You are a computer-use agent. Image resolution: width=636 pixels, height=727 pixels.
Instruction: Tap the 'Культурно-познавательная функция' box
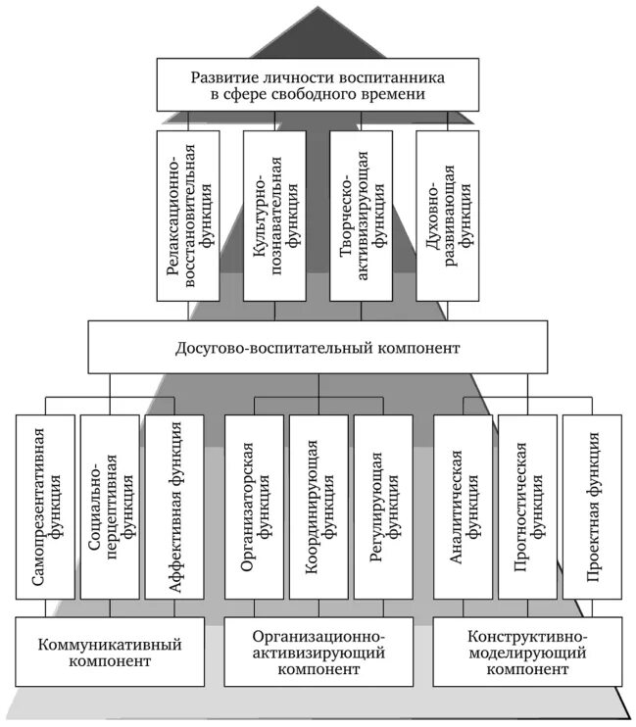(x=274, y=216)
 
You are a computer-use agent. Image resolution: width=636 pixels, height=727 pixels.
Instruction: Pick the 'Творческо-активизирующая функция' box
(x=361, y=216)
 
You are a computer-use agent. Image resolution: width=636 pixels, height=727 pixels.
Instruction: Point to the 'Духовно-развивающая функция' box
(x=447, y=216)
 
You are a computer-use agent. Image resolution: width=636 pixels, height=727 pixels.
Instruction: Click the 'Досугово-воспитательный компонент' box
(x=318, y=348)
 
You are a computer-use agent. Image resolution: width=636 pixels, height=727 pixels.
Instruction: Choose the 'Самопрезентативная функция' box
(x=45, y=507)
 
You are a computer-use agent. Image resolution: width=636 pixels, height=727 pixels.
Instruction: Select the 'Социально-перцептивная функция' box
(x=110, y=507)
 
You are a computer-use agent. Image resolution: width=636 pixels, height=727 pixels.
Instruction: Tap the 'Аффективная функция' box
(x=174, y=507)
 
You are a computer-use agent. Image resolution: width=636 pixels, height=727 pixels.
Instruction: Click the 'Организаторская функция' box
(x=254, y=507)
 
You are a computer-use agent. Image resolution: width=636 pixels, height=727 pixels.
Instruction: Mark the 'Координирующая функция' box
(x=318, y=507)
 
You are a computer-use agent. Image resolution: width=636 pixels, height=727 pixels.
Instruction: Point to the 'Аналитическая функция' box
(x=463, y=507)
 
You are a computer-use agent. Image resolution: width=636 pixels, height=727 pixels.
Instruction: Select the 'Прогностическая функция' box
(x=527, y=507)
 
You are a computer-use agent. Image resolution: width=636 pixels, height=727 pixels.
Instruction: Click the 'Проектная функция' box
(x=592, y=507)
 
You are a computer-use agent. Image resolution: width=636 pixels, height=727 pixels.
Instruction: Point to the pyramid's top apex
(x=318, y=8)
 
